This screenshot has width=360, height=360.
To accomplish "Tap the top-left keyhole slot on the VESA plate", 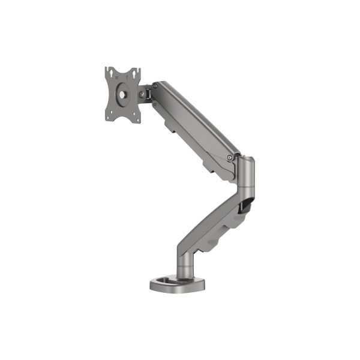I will (109, 73).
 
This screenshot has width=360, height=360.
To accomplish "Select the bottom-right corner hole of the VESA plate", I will (137, 118).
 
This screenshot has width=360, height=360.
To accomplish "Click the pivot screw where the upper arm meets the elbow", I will (230, 157).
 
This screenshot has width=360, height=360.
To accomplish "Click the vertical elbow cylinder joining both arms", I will (246, 180).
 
